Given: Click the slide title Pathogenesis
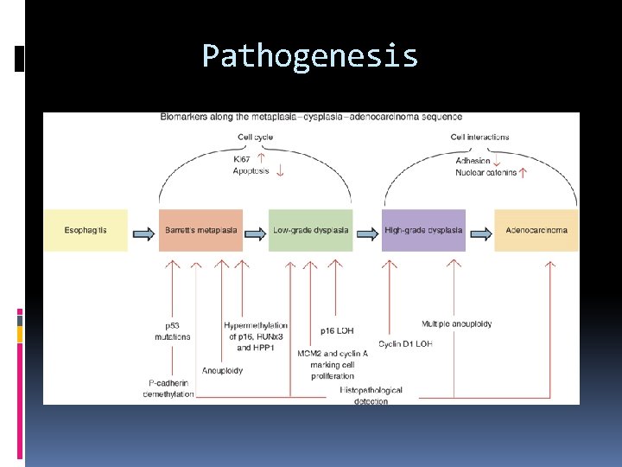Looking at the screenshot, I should point(310,56).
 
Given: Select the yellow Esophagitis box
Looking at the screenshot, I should point(86,230).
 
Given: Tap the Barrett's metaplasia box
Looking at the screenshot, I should point(200,230).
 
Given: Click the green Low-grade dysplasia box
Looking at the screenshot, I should point(310,230).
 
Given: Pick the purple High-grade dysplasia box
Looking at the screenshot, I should point(423,230).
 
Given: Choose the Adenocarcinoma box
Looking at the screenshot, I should point(536,230).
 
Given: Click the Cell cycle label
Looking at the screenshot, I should point(256,137).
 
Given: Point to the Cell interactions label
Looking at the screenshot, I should point(479,137).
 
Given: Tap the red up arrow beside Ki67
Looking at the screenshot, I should point(261,158).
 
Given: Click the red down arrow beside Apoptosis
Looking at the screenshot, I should point(280,170).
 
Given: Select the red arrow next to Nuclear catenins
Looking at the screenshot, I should point(524,172).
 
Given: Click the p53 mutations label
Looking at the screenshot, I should point(172,330).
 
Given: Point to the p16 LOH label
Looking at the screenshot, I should point(337,330).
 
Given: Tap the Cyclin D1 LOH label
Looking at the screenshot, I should point(405,343).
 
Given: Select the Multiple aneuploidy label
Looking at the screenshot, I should point(457,323).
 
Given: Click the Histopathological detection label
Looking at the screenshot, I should point(371,396).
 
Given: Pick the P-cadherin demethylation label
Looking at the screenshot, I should point(168,388).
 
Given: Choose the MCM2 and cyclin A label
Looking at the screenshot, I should point(333,354).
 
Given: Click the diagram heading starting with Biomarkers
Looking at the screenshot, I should point(310,117).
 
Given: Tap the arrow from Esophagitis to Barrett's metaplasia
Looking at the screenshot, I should point(143,230).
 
